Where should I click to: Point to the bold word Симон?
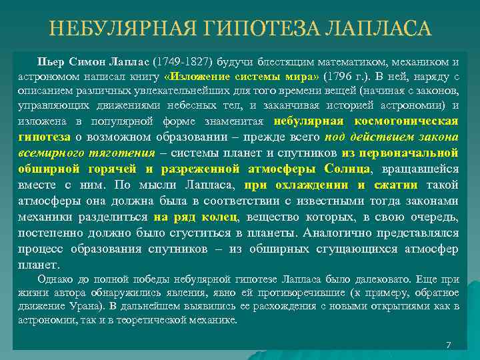(x=89, y=62)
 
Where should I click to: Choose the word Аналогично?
(x=337, y=233)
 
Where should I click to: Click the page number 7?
(x=449, y=345)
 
